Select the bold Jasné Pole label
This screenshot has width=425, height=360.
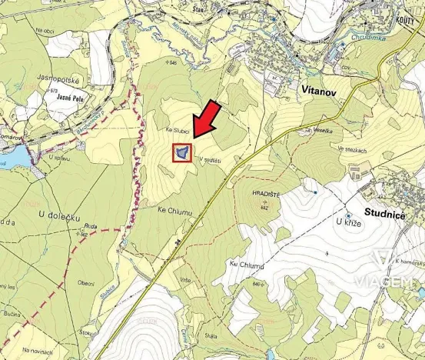tap(60, 98)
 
